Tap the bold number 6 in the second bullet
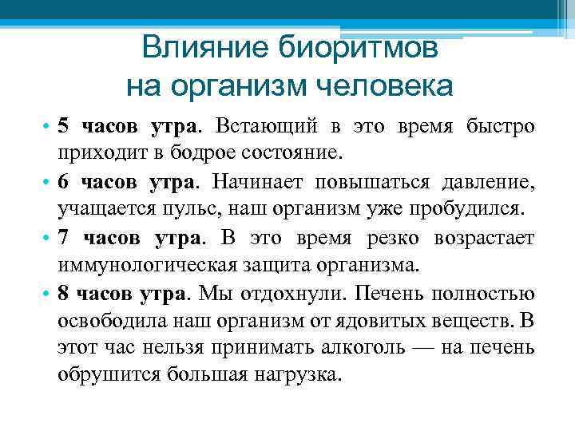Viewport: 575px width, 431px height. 64,182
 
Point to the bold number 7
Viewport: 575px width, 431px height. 64,238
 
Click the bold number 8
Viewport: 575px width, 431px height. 64,294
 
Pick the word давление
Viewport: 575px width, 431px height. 488,182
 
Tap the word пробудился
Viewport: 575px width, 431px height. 474,210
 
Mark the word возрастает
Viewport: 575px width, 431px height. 485,238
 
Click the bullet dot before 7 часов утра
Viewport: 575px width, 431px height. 47,238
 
